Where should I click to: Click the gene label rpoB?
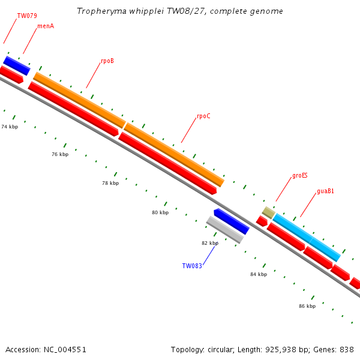107,61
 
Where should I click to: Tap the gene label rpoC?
203,116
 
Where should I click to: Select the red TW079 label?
27,16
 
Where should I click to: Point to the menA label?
46,26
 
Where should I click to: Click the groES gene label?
300,176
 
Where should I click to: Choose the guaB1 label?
325,191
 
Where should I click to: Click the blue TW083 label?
192,266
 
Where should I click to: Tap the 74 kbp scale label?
10,127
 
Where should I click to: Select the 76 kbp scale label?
60,154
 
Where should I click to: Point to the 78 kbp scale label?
110,183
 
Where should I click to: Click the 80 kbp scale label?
160,212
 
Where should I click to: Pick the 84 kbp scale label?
259,274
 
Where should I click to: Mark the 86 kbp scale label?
307,306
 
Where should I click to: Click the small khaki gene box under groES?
268,212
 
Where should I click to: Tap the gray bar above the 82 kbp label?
225,230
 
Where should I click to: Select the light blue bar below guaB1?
307,238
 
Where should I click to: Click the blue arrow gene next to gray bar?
232,221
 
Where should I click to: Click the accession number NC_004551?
65,350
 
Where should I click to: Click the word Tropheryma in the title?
101,11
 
